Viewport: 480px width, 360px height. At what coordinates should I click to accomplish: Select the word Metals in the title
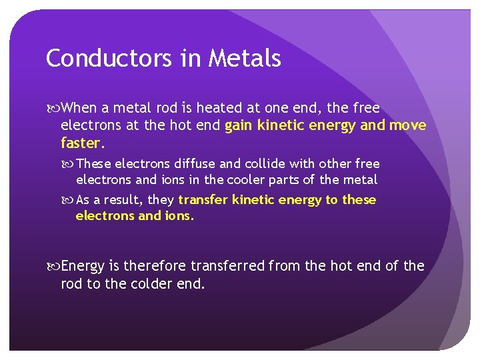pyautogui.click(x=245, y=59)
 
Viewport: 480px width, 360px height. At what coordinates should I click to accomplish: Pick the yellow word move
pyautogui.click(x=407, y=125)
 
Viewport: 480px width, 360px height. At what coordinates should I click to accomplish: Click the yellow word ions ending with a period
pyautogui.click(x=179, y=216)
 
